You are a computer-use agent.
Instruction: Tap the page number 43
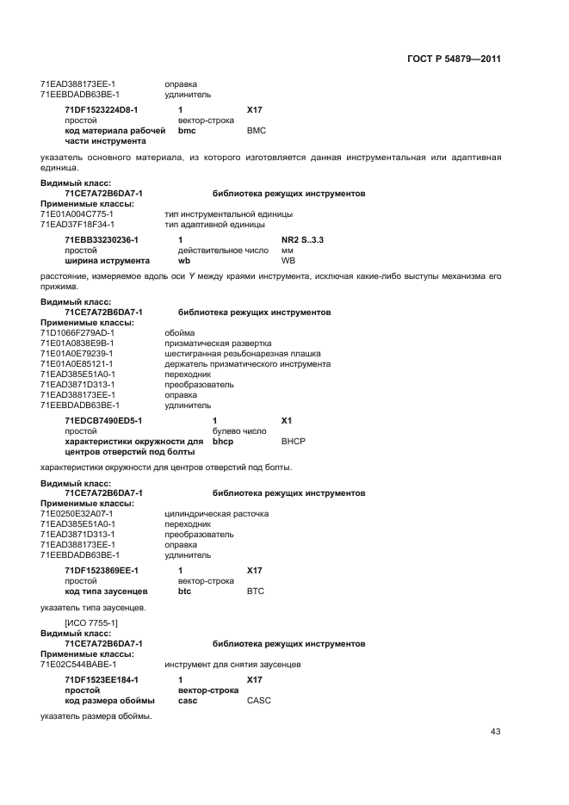pyautogui.click(x=495, y=732)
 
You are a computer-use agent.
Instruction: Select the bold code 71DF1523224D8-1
pyautogui.click(x=101, y=110)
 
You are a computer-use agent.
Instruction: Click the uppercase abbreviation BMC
pyautogui.click(x=257, y=130)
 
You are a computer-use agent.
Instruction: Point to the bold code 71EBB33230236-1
pyautogui.click(x=101, y=239)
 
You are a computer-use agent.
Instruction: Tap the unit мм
pyautogui.click(x=288, y=250)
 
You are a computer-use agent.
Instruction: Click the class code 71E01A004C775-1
pyautogui.click(x=77, y=214)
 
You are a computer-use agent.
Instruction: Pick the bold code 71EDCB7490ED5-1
pyautogui.click(x=102, y=420)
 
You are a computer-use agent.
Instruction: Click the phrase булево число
pyautogui.click(x=239, y=430)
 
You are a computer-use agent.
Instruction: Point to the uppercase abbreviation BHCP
pyautogui.click(x=294, y=441)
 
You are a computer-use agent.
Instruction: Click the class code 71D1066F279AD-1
pyautogui.click(x=77, y=332)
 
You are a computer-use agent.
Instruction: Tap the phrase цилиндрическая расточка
pyautogui.click(x=216, y=514)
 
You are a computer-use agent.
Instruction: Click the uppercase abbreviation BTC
pyautogui.click(x=256, y=591)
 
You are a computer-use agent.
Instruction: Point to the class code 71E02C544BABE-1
pyautogui.click(x=78, y=664)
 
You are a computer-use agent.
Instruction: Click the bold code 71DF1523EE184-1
pyautogui.click(x=101, y=680)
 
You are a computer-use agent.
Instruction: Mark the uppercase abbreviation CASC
pyautogui.click(x=258, y=700)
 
